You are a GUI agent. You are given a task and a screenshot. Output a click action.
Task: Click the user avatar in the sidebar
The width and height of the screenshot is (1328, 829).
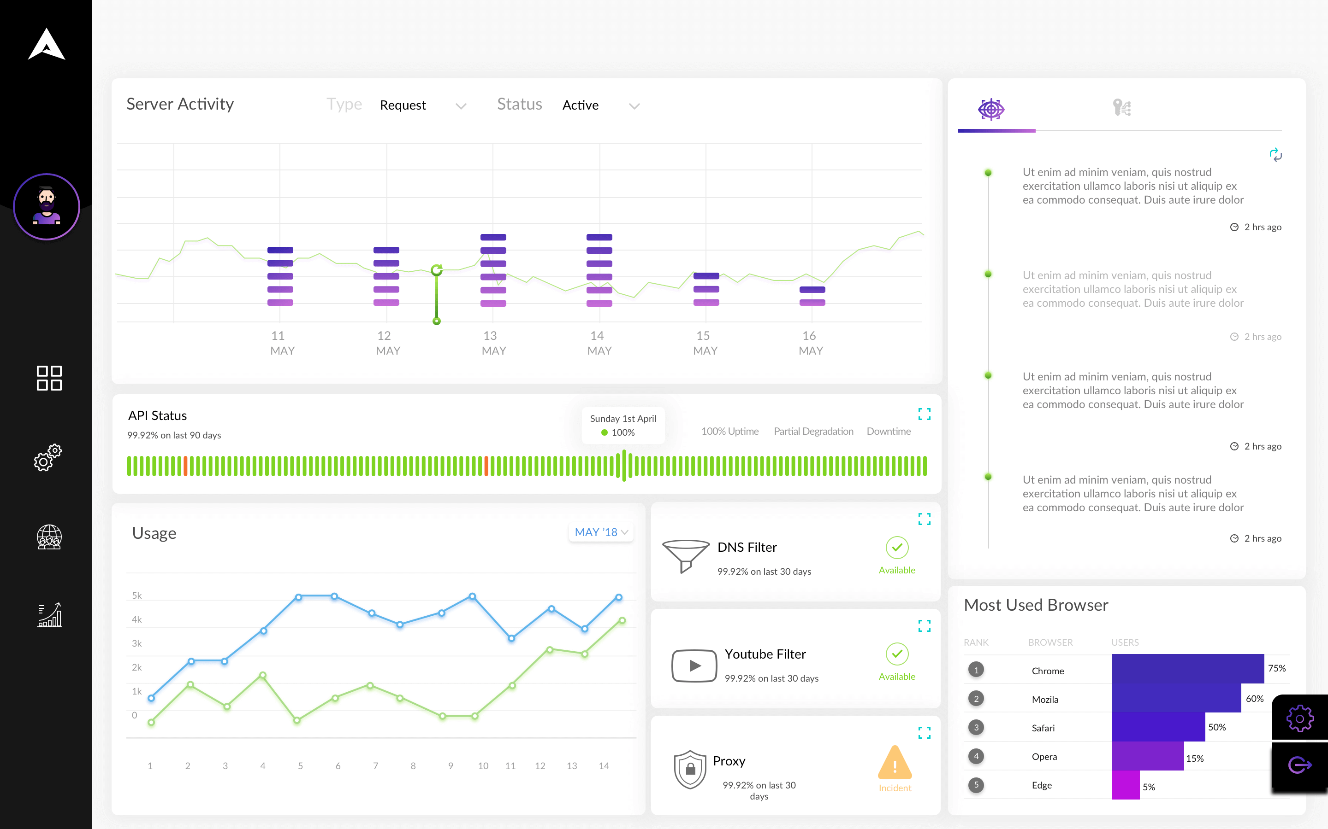pos(47,207)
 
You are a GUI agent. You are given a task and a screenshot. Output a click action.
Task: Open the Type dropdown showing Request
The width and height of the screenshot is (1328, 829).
pos(422,105)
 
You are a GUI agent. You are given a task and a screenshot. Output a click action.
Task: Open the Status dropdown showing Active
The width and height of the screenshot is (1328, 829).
pos(601,105)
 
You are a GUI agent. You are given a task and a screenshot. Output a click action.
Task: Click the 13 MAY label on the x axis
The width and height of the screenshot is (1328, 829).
pos(493,343)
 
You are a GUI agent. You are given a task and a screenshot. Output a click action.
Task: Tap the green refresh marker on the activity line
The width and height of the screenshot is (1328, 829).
pos(437,270)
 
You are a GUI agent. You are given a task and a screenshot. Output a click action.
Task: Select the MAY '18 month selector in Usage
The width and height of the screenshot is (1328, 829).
pos(601,532)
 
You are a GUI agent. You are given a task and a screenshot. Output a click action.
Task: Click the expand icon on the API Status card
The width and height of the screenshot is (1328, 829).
pos(924,414)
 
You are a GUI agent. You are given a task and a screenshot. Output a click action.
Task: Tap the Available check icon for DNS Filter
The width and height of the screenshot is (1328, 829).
pos(897,547)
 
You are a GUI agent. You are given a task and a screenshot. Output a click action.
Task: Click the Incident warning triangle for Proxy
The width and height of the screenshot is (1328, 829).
pos(895,763)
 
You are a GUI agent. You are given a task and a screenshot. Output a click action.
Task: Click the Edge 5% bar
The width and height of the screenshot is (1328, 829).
pos(1126,785)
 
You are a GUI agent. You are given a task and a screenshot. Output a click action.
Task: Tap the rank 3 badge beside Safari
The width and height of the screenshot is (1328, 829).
pos(976,728)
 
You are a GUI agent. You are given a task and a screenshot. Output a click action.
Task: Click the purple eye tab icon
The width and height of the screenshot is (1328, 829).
pos(991,109)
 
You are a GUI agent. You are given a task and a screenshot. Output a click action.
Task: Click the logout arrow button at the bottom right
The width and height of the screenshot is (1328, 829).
pos(1299,765)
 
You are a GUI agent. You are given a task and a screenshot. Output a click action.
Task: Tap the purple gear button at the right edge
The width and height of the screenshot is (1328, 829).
pos(1299,718)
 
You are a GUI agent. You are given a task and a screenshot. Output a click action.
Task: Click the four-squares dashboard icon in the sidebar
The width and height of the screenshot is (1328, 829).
pos(49,378)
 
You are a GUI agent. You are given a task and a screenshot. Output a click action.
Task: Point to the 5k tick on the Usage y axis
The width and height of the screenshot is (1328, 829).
pos(136,595)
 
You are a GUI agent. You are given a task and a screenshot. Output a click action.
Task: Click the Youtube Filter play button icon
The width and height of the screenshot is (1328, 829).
pos(694,666)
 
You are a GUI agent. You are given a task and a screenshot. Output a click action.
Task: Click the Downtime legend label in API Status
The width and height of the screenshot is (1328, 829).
pos(889,432)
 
